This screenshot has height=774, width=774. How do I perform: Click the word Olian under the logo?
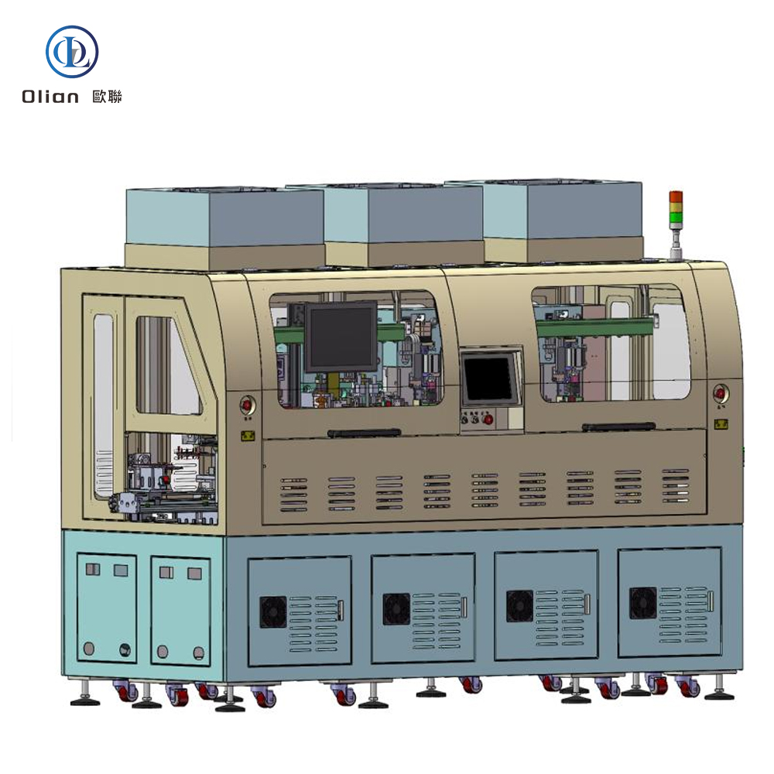[x=50, y=97]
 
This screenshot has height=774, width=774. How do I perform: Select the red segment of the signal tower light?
[x=676, y=197]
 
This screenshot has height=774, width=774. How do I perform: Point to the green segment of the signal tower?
[x=676, y=217]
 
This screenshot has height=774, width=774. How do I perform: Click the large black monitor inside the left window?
[x=342, y=335]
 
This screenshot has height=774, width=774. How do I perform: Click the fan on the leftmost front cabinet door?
[x=273, y=611]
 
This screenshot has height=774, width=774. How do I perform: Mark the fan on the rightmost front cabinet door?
[x=642, y=602]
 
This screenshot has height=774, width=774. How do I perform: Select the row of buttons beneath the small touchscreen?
[x=476, y=419]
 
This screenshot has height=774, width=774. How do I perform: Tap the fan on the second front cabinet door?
[x=396, y=608]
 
